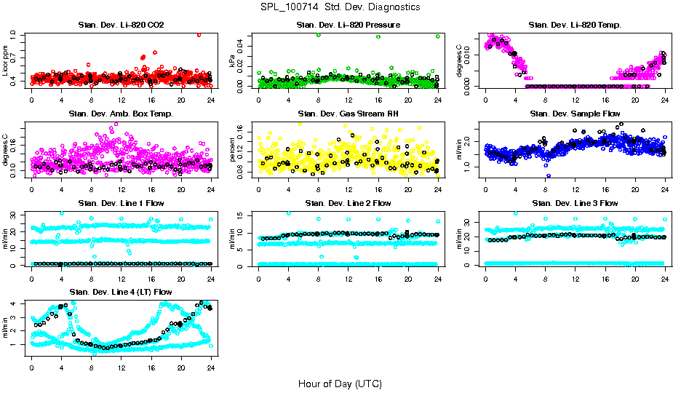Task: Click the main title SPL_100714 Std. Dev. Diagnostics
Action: point(340,7)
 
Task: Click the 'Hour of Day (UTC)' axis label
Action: point(340,384)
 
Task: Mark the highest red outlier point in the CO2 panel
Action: point(199,34)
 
